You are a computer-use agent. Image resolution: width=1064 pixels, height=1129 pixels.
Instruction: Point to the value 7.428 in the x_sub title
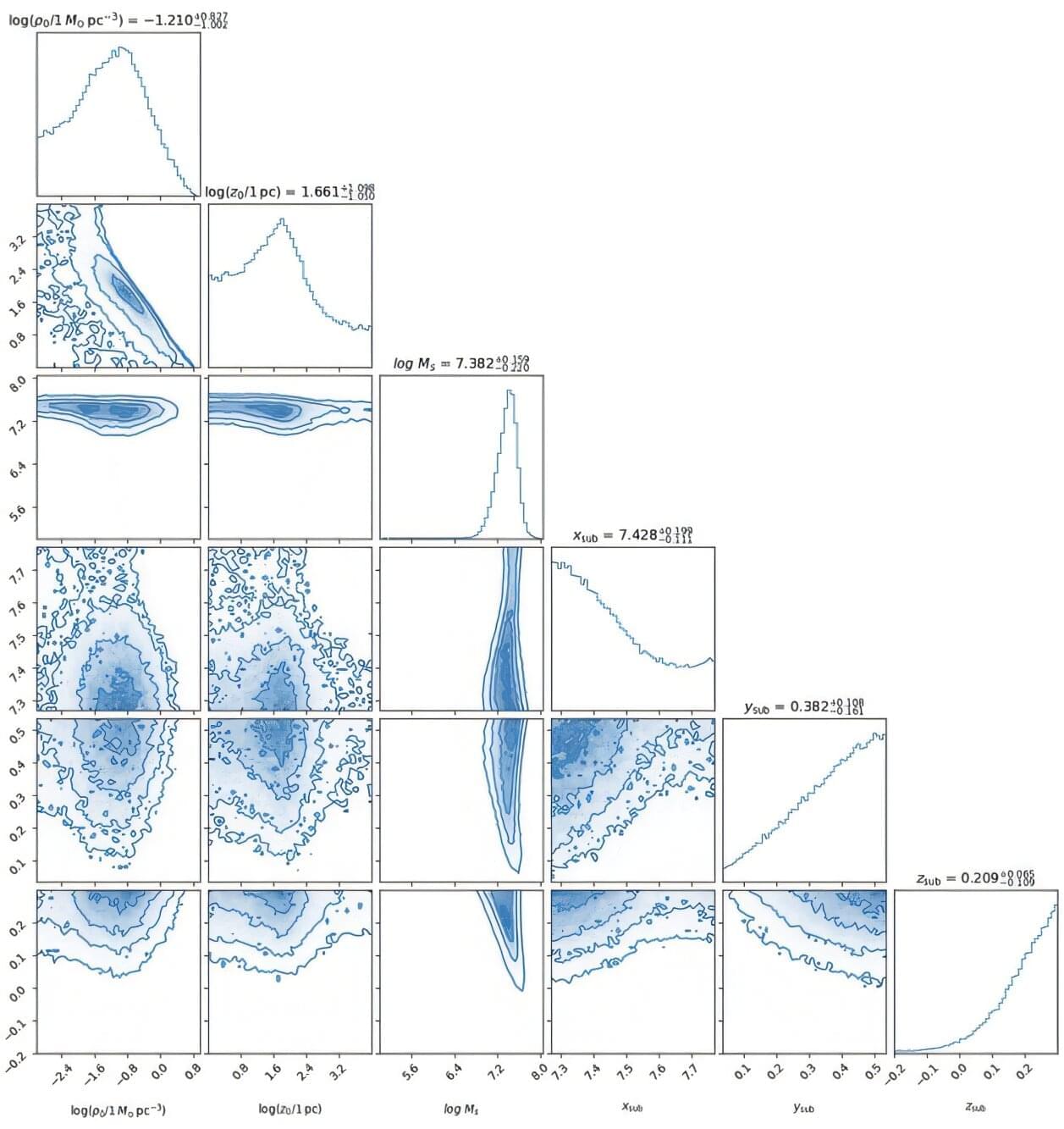coord(639,535)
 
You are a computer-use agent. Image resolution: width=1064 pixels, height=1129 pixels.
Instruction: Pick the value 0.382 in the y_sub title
coord(810,706)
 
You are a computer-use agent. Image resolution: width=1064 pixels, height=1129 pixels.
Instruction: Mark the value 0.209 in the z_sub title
coord(979,878)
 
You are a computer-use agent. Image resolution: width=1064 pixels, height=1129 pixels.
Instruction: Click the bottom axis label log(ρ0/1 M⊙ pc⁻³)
coord(118,1109)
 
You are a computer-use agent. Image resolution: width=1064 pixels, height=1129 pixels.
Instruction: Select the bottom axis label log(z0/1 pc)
coord(289,1109)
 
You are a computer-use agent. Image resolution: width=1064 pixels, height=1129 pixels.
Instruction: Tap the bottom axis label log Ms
coord(461,1109)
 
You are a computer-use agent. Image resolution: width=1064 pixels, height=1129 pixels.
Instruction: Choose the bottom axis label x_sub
coord(632,1107)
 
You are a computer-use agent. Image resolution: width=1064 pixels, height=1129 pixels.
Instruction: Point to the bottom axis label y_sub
coord(803,1107)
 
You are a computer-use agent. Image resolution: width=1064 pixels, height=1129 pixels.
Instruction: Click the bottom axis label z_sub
coord(975,1107)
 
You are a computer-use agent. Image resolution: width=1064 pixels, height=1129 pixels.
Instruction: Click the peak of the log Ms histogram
coord(509,390)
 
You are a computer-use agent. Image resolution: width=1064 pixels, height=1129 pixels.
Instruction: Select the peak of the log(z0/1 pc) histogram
coord(282,219)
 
